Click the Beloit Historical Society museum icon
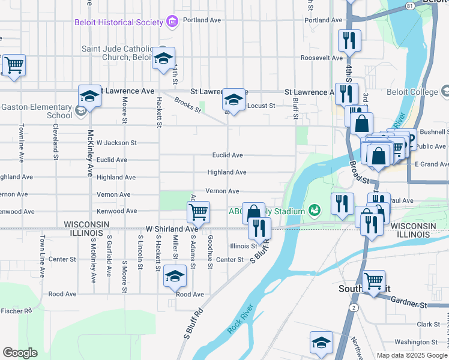173,22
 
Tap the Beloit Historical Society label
119,23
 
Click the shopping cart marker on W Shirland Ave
198,211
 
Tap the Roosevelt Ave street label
321,58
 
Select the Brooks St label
187,107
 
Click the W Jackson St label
116,143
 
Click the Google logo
20,353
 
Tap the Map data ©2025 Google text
411,355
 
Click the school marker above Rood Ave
175,276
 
